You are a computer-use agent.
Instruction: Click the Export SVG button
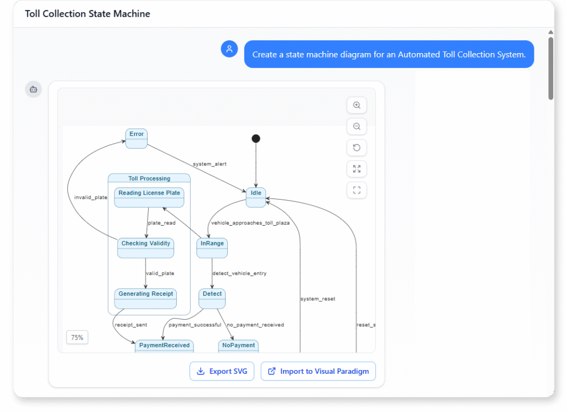point(222,371)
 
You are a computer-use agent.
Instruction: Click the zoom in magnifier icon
point(357,105)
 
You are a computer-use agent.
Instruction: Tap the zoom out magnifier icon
point(357,127)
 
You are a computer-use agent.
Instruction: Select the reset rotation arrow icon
point(357,148)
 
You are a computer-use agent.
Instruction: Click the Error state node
point(137,138)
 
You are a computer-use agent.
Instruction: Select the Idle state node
point(256,197)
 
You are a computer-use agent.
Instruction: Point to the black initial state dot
point(256,139)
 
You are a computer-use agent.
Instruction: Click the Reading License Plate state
point(149,197)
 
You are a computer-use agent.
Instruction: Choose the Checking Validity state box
point(146,248)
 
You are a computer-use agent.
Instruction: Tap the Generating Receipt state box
point(146,298)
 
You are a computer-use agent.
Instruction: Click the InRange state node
point(212,248)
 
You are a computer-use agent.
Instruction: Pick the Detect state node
point(212,298)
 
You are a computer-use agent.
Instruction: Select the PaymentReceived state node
point(164,346)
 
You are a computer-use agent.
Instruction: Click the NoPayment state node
point(239,346)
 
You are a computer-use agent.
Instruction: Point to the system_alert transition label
point(209,164)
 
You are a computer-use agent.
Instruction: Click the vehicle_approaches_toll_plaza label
point(250,223)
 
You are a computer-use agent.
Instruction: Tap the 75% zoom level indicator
point(77,337)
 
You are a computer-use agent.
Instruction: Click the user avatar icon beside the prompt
point(229,49)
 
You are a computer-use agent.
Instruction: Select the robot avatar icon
point(33,89)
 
